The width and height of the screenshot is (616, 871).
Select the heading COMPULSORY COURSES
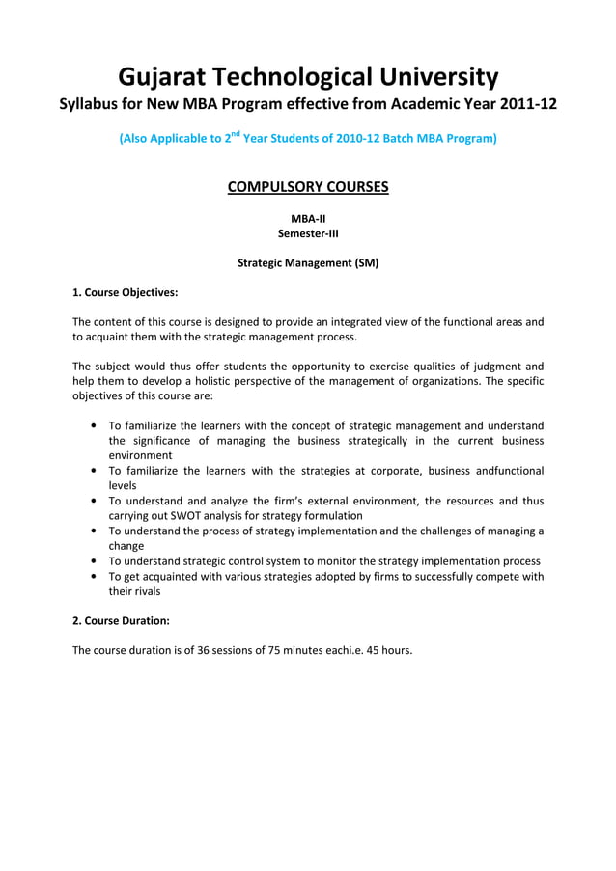click(x=308, y=186)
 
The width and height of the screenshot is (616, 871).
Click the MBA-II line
click(x=308, y=219)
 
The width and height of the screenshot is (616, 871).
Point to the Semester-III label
click(x=308, y=233)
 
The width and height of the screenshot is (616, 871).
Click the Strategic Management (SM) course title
click(x=308, y=262)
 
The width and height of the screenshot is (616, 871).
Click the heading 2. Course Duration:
click(x=122, y=622)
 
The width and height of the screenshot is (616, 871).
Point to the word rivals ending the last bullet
click(x=142, y=591)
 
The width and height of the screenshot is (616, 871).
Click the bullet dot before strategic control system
click(x=91, y=561)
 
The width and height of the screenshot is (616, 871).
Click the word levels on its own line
click(x=123, y=486)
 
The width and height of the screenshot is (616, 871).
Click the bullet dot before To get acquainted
click(x=91, y=577)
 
